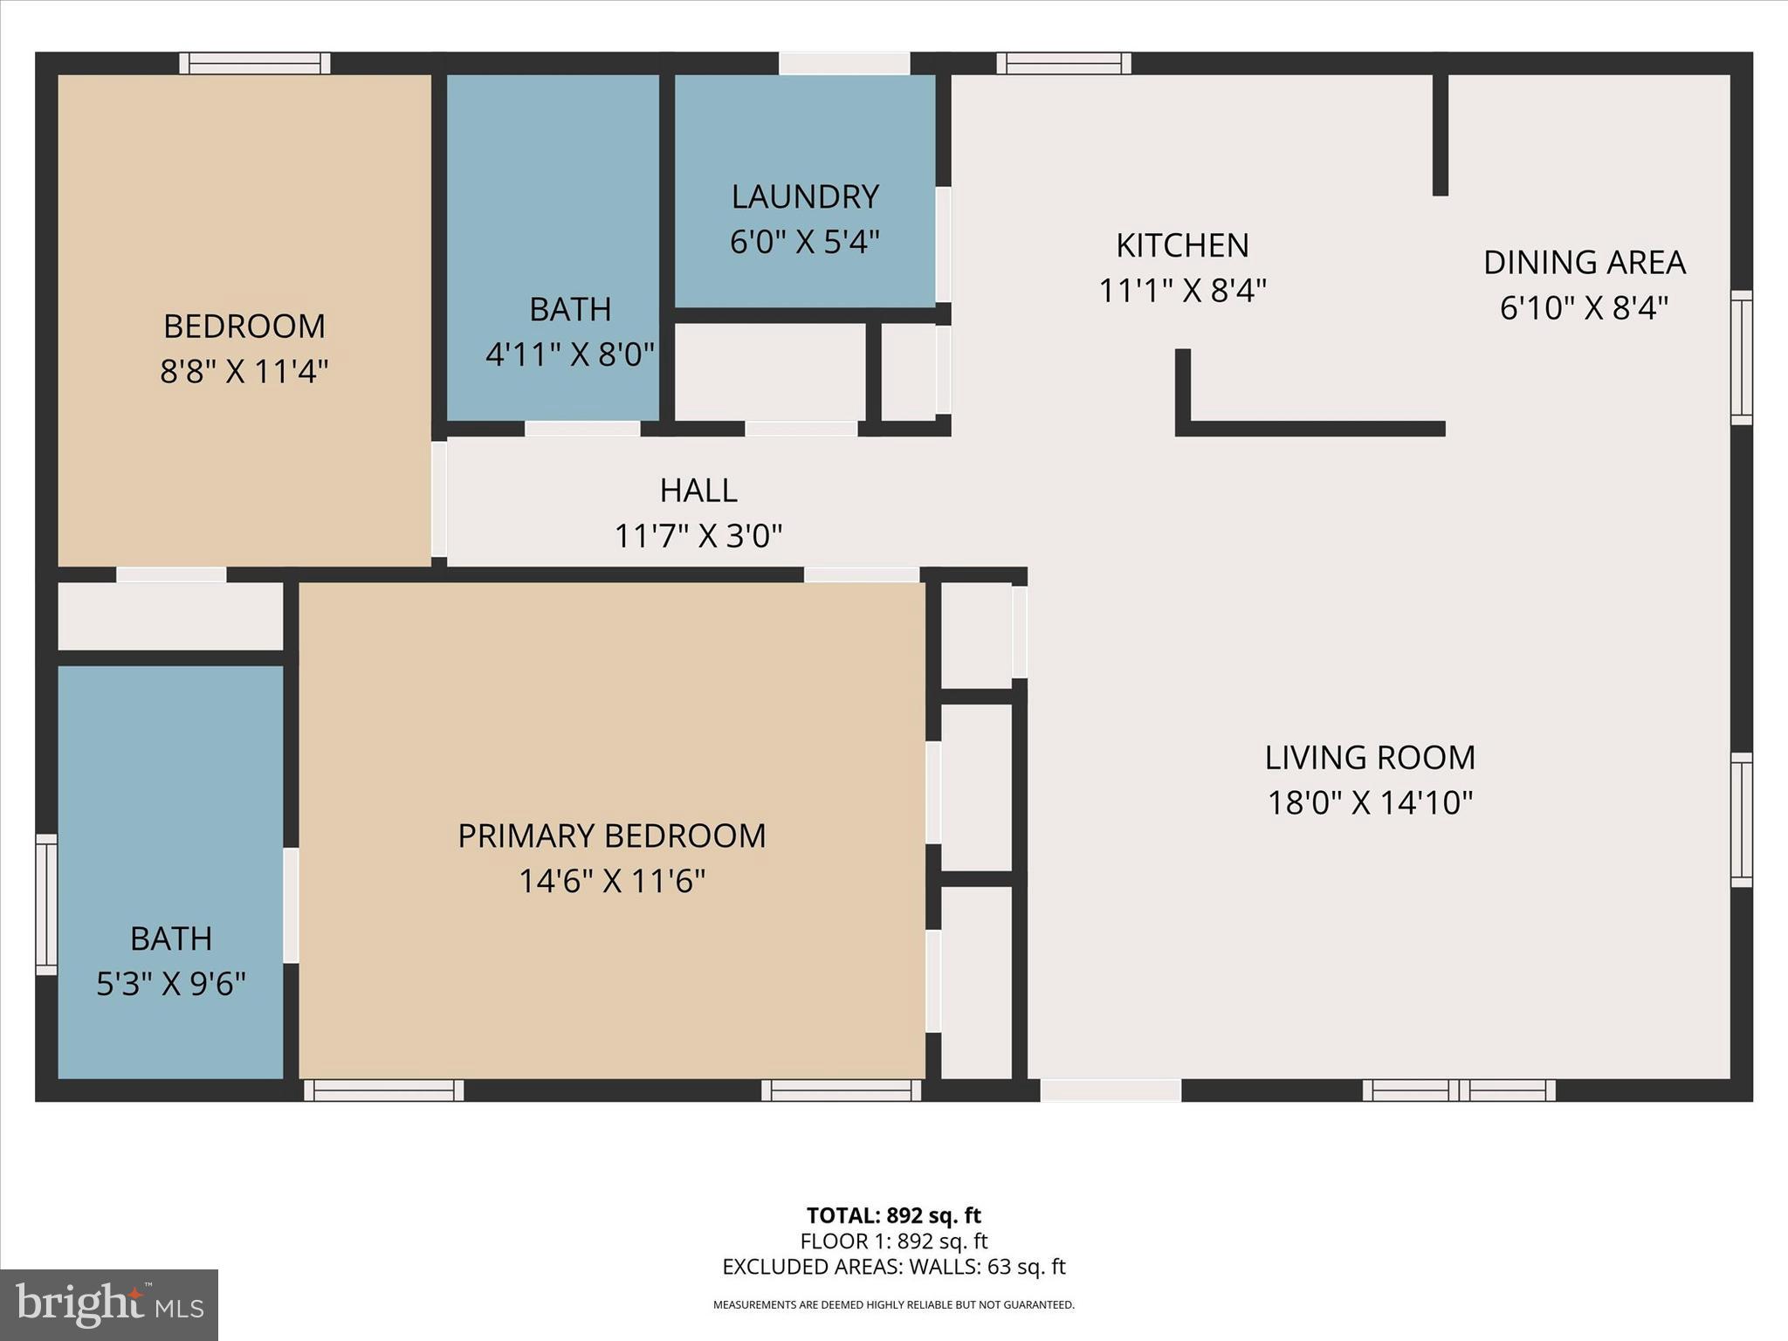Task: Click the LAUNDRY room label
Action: click(804, 197)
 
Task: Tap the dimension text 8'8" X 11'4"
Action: click(244, 371)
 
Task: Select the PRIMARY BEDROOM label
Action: click(611, 836)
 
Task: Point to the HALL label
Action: click(698, 491)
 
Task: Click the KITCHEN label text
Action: click(1182, 245)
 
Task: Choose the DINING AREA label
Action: click(1584, 262)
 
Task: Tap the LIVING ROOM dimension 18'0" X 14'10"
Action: click(1370, 802)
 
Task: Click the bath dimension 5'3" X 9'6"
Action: click(171, 984)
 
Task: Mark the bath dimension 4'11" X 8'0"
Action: click(569, 354)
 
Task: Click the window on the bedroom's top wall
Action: click(255, 63)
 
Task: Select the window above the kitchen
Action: click(1063, 63)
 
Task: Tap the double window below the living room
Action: click(1459, 1090)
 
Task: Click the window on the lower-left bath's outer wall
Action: click(46, 904)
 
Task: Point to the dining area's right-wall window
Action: click(1741, 358)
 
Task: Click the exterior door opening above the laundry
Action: click(844, 63)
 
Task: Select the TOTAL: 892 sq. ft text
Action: click(893, 1215)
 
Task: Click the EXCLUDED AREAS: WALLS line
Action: click(893, 1266)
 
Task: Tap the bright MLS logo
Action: click(109, 1304)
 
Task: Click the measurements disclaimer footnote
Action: click(893, 1305)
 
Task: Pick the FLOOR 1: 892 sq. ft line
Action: click(893, 1241)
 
